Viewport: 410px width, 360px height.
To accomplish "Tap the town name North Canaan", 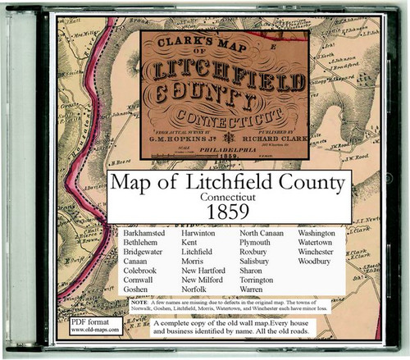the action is pos(263,233).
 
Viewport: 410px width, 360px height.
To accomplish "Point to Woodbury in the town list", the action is pos(319,267).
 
